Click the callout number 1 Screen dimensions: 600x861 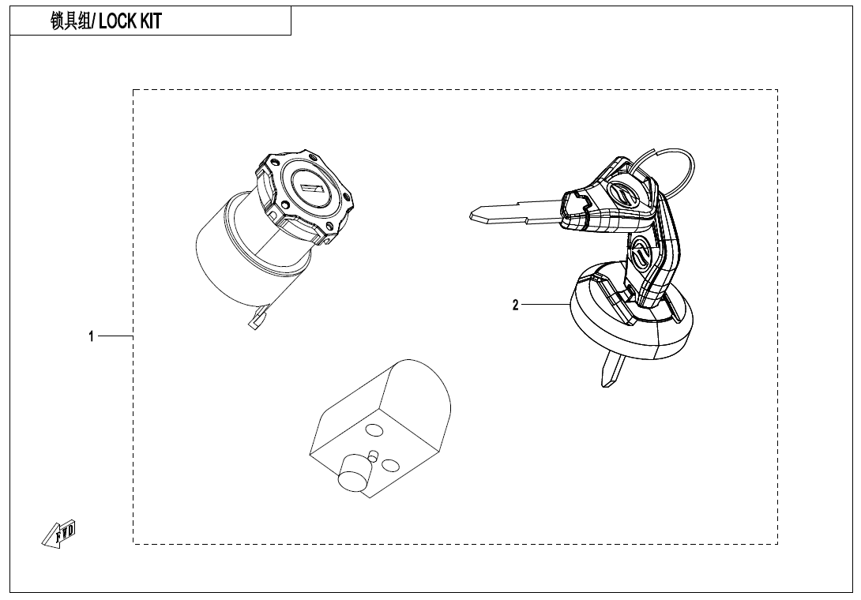[x=91, y=336]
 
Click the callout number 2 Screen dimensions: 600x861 [x=516, y=305]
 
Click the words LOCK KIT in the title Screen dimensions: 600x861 [x=130, y=22]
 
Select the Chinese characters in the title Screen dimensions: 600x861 [x=71, y=22]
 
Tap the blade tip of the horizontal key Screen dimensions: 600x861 [x=476, y=215]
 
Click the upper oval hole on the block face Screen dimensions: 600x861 [x=374, y=430]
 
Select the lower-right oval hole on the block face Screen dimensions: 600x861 [x=390, y=466]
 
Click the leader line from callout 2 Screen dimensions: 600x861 [x=545, y=305]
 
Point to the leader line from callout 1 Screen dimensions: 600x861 [x=115, y=336]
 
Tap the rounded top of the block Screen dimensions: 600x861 [x=419, y=387]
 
